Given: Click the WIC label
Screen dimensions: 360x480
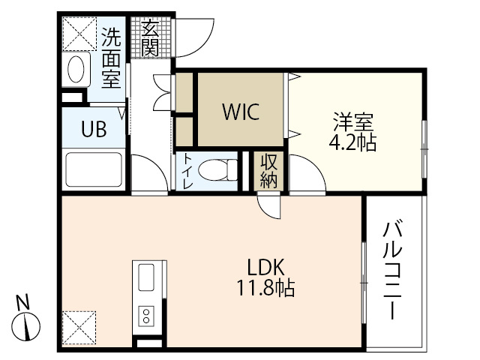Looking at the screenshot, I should tap(240, 112).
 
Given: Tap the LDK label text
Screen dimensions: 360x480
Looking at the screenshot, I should tap(266, 266).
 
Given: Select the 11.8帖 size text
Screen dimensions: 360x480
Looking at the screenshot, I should tap(266, 286).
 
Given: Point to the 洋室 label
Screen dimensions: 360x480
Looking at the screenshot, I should tap(353, 121).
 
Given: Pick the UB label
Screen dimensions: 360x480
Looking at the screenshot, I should tap(94, 128).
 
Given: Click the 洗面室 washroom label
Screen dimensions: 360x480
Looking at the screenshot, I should tap(111, 57).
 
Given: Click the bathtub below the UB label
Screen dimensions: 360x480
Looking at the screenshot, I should tap(93, 169).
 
